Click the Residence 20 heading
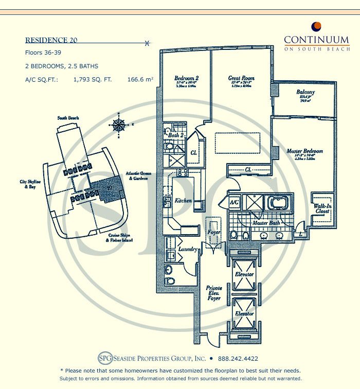(x=51, y=40)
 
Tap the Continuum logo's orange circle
(x=317, y=26)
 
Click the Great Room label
(x=241, y=79)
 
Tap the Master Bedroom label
(x=305, y=151)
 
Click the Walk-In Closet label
(x=322, y=209)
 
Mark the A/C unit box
(x=235, y=203)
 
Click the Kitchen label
(x=183, y=200)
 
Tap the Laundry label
(x=188, y=250)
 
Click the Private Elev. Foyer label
(x=213, y=293)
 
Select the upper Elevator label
(x=244, y=274)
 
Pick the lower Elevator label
(x=244, y=313)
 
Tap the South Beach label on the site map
(x=68, y=118)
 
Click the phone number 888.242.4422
(x=238, y=359)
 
